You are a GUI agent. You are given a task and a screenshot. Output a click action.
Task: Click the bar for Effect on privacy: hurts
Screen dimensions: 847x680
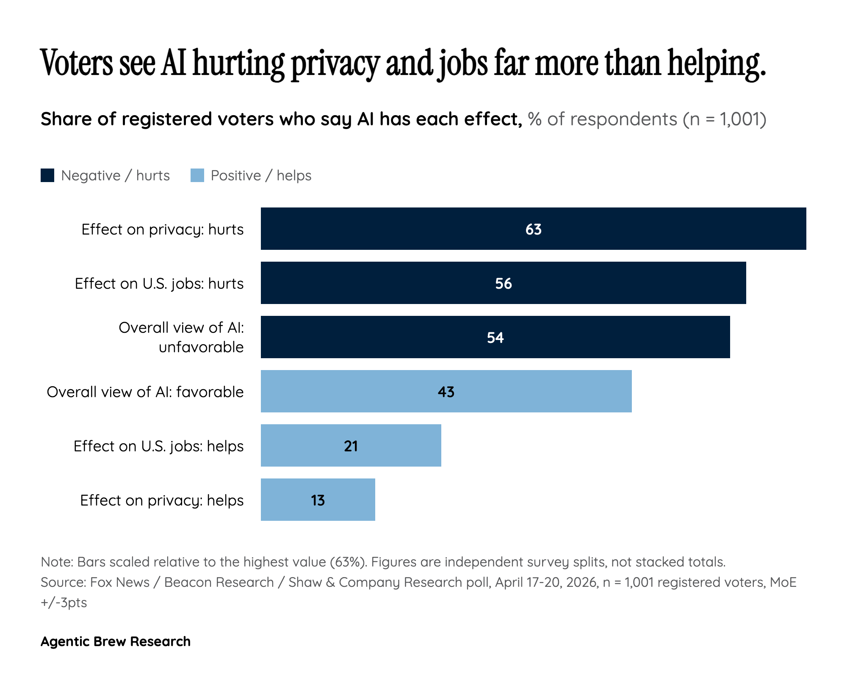[x=533, y=229]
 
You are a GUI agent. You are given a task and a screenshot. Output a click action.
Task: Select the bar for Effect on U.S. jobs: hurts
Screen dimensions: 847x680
[x=503, y=283]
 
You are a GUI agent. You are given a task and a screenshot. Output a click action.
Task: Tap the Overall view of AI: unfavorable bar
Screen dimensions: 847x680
[x=495, y=337]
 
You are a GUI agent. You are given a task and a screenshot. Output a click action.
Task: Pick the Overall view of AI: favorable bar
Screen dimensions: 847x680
[x=446, y=391]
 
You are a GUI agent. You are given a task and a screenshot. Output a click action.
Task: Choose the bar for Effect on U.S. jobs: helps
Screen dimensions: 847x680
[x=351, y=445]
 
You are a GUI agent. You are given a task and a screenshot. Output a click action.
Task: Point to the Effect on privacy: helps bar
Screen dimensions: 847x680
[x=318, y=500]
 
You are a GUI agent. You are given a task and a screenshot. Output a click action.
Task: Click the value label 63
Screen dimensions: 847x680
[x=534, y=229]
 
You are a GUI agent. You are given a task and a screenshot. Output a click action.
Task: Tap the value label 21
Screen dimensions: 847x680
[x=351, y=446]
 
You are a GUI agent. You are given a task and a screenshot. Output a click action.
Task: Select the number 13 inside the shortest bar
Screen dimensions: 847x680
[x=318, y=500]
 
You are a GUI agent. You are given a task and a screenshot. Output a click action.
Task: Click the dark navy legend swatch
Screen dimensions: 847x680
[x=47, y=175]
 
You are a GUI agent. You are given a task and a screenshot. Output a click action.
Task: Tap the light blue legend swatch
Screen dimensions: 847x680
[x=197, y=175]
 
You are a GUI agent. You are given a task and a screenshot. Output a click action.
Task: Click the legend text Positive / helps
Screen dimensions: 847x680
[x=261, y=176]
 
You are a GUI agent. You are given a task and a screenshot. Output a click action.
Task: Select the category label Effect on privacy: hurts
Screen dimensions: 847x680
[x=163, y=229]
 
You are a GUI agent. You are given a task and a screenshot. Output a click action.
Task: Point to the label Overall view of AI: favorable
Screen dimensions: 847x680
[x=145, y=392]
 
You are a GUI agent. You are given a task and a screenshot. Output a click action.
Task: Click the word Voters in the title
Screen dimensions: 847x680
[x=77, y=63]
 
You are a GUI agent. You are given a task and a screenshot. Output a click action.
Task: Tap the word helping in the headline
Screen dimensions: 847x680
[x=717, y=64]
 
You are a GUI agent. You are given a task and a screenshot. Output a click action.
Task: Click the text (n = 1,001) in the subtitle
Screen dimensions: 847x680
[x=725, y=119]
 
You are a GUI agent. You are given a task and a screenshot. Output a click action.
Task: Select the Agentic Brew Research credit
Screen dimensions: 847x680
[x=116, y=641]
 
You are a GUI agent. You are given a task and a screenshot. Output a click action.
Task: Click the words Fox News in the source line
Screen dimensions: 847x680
[x=120, y=582]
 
